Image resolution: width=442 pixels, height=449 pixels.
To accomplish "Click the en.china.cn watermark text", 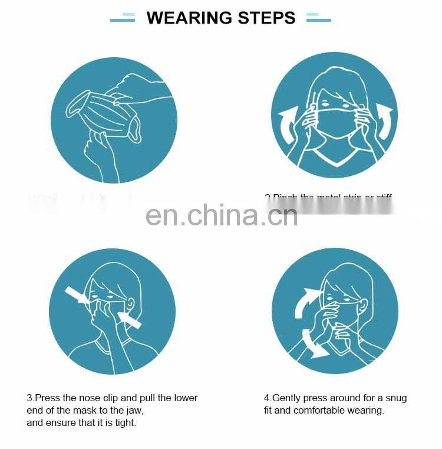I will coord(222,216).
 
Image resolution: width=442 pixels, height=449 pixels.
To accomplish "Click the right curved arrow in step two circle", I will coord(384,121).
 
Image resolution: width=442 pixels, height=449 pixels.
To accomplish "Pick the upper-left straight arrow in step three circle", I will coord(78,295).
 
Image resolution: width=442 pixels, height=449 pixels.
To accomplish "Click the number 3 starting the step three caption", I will coord(29,398).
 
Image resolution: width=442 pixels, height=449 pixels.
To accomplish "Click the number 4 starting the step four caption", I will coord(267,398).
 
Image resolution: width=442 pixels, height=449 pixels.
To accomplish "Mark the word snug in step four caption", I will coord(395,398).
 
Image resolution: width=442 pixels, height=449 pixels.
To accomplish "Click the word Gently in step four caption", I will coord(286,398).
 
